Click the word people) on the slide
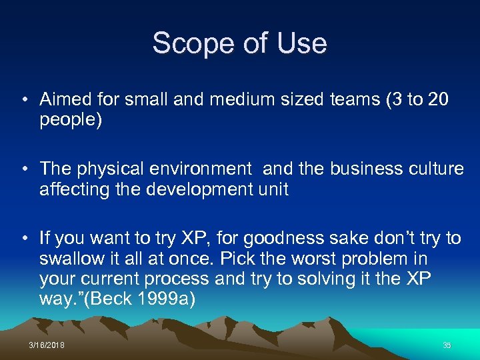click(71, 121)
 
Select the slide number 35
click(447, 345)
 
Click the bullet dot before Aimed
click(24, 101)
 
